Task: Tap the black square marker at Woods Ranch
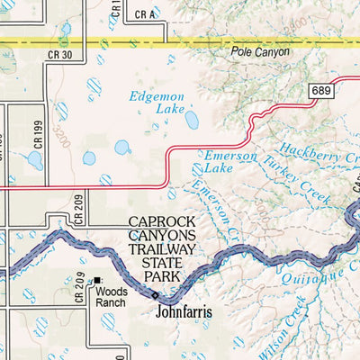(97, 282)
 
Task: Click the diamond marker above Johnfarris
(154, 295)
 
